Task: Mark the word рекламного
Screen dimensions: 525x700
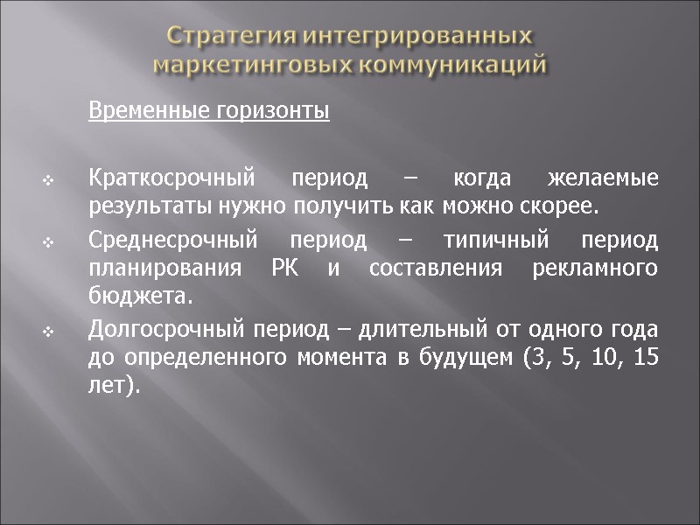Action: (x=595, y=269)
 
